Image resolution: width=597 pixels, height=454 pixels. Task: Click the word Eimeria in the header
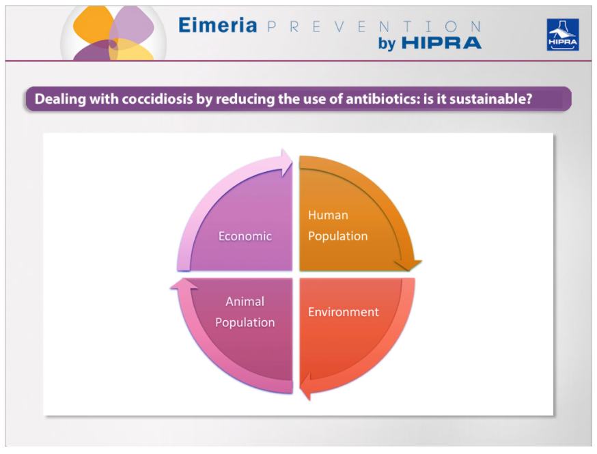(217, 25)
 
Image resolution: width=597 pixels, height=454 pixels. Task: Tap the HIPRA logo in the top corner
(563, 35)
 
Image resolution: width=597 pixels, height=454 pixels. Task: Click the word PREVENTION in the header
(374, 27)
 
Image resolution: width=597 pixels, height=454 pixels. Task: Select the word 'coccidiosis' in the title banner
(157, 99)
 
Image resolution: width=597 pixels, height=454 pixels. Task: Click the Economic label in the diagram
(245, 236)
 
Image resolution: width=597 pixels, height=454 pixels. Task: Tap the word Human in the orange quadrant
(328, 215)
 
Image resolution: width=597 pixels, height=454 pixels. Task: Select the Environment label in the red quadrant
(344, 312)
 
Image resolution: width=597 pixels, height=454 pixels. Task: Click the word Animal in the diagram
(245, 301)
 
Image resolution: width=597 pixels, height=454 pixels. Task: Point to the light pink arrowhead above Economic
(287, 162)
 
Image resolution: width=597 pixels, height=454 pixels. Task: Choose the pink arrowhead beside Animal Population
(184, 284)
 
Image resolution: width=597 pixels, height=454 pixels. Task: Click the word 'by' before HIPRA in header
(387, 44)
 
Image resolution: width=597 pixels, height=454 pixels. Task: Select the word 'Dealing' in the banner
(60, 99)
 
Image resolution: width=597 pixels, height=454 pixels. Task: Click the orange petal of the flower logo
(94, 25)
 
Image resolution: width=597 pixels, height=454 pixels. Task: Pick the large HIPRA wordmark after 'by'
(442, 43)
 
